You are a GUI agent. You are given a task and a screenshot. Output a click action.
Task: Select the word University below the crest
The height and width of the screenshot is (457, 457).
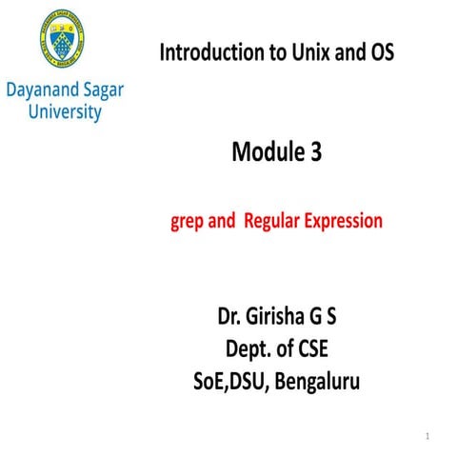pos(64,112)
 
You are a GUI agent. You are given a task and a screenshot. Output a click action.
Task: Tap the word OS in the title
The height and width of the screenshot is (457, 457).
pos(379,52)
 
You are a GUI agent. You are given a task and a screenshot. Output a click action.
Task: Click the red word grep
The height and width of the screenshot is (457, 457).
pos(189,222)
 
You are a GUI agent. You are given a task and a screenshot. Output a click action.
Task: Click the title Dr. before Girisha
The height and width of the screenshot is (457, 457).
pos(234,318)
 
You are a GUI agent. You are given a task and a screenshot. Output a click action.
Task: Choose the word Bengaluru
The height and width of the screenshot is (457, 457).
pos(318,383)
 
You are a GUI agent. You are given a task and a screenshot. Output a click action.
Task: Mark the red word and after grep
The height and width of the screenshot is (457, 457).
pos(223,222)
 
